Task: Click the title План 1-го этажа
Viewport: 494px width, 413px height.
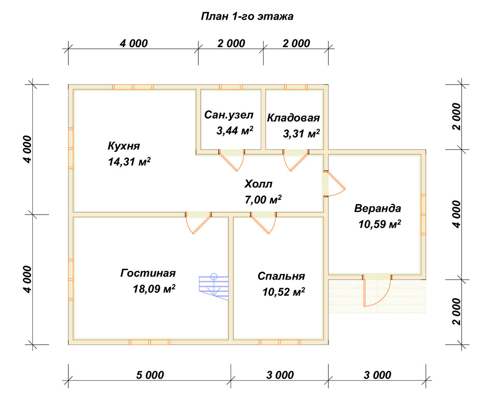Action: point(247,17)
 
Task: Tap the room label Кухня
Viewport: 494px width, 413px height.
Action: point(124,146)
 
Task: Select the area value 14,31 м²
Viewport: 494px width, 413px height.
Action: point(129,162)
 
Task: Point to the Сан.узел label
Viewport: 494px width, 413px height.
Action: point(229,115)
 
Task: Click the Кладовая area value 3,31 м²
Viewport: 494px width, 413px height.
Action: point(301,134)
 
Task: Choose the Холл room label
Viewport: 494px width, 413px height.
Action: point(258,184)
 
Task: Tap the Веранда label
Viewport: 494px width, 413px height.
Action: point(377,208)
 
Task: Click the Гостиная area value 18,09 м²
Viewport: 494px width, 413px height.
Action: point(154,289)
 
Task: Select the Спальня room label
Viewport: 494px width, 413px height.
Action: point(281,276)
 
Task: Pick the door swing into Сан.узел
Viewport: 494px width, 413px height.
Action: point(232,160)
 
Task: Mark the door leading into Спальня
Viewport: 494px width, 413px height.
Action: point(263,223)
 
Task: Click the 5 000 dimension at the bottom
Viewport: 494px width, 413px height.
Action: point(150,375)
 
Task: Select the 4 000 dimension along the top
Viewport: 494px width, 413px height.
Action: point(134,44)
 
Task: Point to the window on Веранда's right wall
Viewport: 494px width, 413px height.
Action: point(423,215)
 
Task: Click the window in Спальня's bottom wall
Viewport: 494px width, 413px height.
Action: point(279,342)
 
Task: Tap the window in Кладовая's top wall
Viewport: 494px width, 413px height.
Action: point(296,87)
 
